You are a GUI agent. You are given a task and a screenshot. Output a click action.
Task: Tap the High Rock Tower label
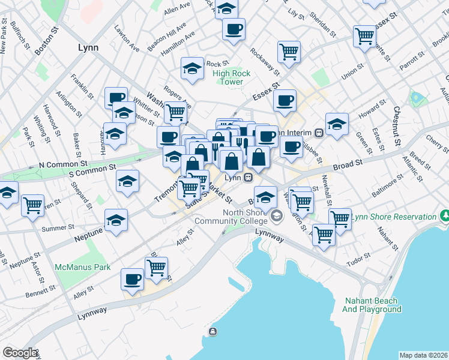click(228, 78)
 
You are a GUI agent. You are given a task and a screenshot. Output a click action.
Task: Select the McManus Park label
click(82, 267)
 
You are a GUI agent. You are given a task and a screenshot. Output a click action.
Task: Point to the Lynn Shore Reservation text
click(394, 217)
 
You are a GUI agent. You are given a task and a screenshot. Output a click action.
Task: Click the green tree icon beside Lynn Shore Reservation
click(444, 215)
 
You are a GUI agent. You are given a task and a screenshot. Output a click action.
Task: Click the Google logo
click(20, 353)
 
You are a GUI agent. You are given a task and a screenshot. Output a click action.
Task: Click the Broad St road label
click(347, 163)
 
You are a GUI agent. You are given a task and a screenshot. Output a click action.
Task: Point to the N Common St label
click(63, 164)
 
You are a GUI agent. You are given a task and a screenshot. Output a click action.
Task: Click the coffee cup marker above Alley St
click(132, 278)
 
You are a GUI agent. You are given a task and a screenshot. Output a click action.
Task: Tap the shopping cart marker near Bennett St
click(156, 267)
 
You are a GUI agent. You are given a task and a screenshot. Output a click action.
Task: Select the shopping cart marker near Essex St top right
click(364, 35)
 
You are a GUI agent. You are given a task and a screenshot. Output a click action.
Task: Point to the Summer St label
click(55, 228)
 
